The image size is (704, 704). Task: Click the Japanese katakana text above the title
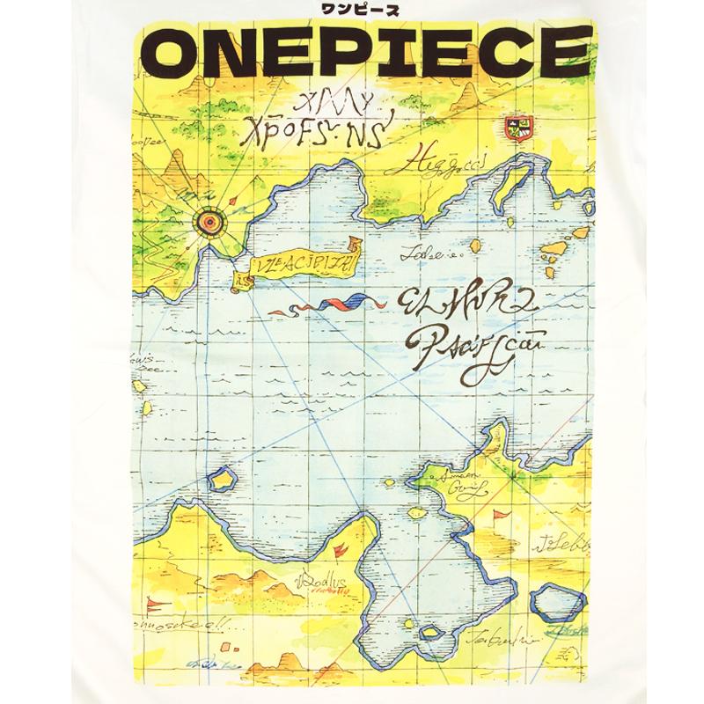pyautogui.click(x=352, y=11)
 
